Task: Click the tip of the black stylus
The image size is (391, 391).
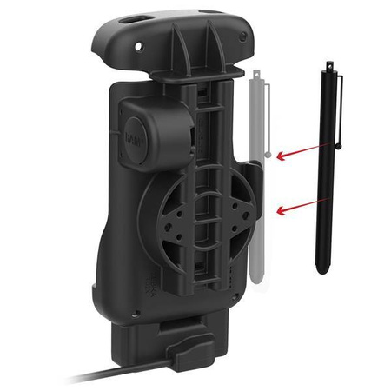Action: [322, 269]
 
